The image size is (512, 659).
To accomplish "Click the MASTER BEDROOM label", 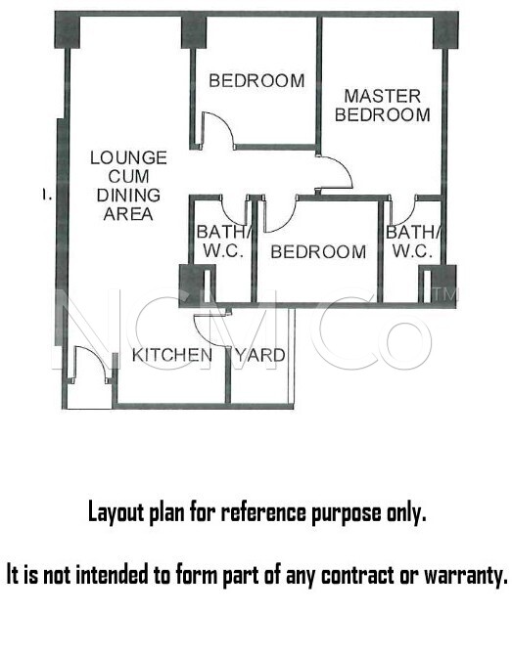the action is [383, 106].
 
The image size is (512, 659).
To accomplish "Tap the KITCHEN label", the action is [172, 356].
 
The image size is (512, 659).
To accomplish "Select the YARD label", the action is [260, 356].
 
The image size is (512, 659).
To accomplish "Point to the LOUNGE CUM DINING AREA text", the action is [129, 186].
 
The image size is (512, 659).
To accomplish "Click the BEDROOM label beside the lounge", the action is [256, 81].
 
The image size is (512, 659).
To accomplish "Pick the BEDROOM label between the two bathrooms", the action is [318, 251].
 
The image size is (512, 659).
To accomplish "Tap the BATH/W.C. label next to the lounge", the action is [224, 242].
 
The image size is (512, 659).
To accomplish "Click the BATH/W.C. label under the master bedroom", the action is [413, 242].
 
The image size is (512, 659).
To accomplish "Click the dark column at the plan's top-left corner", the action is [68, 30].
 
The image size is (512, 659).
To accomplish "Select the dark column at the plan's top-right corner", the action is [446, 30].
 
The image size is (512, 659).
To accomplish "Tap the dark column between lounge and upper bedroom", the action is [194, 32].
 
